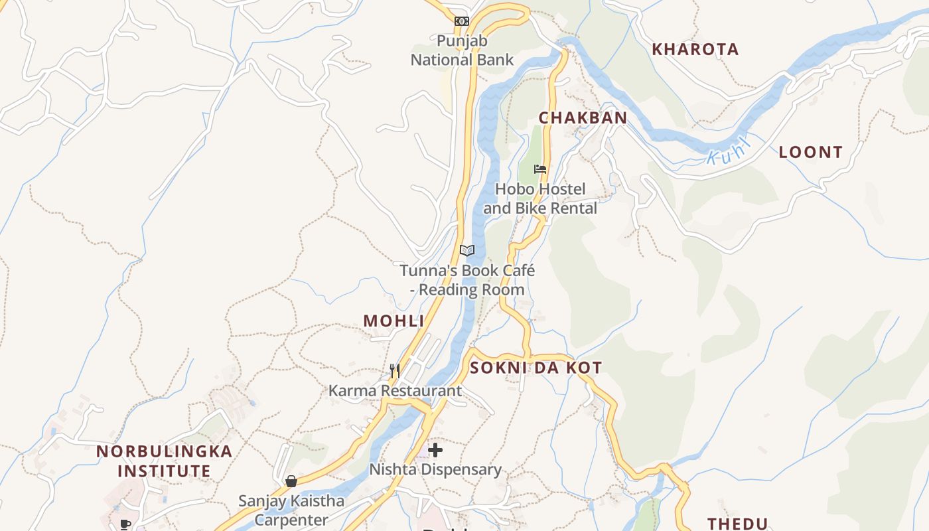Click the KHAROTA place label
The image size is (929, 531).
coord(695,49)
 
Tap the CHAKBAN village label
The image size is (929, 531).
coord(582,118)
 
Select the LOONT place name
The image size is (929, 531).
coord(810,152)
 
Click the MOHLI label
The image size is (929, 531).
coord(393,321)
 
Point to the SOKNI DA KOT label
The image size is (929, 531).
coord(536,368)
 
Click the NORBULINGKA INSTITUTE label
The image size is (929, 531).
coord(165,461)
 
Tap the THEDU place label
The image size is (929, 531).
coord(737,524)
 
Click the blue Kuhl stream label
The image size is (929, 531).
coord(728,152)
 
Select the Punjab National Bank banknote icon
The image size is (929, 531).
coord(462,21)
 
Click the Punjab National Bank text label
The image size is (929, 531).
coord(462,50)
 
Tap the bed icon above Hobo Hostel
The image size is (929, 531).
coord(540,169)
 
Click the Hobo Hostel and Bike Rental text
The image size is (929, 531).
coord(540,198)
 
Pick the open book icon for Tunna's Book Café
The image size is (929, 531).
coord(467,250)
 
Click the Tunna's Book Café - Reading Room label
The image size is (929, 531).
coord(467,280)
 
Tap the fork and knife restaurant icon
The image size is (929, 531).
coord(395,370)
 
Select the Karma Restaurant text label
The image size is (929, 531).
coord(395,390)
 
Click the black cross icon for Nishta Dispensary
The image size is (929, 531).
coord(435,451)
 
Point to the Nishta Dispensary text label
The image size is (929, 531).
coord(435,470)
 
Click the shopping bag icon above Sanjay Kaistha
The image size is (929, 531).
coord(291,481)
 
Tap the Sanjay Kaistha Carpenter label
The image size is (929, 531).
coord(291,510)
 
